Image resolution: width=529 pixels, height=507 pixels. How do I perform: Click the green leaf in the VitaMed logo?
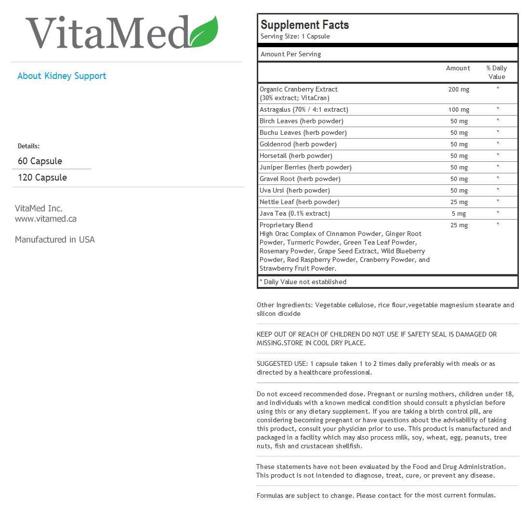[x=205, y=32]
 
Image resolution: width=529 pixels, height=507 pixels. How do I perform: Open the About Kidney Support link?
[x=62, y=76]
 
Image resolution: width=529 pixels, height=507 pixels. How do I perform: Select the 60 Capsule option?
[x=40, y=161]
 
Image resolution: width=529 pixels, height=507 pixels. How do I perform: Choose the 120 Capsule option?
[x=42, y=178]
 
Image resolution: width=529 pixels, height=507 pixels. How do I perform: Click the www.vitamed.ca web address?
[x=46, y=219]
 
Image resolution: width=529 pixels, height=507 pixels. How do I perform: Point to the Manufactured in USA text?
[x=55, y=240]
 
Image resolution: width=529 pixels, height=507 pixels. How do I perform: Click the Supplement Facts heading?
[x=304, y=25]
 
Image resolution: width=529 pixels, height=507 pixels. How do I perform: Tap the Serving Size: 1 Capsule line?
[x=295, y=37]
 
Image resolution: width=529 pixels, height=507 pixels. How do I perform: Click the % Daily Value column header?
[x=497, y=72]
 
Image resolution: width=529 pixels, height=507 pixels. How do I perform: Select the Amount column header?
[x=458, y=68]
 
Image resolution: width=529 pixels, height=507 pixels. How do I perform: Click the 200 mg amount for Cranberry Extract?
[x=459, y=90]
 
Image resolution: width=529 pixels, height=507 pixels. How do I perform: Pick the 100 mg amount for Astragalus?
[x=459, y=110]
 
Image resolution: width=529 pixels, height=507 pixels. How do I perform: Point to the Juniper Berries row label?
[x=305, y=168]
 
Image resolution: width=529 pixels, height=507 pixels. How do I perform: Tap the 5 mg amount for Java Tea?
[x=459, y=214]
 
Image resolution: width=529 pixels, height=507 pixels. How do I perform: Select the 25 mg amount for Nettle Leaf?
[x=459, y=202]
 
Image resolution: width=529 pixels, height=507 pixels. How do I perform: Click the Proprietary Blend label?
[x=286, y=225]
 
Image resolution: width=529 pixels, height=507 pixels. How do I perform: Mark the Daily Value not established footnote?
[x=303, y=282]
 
